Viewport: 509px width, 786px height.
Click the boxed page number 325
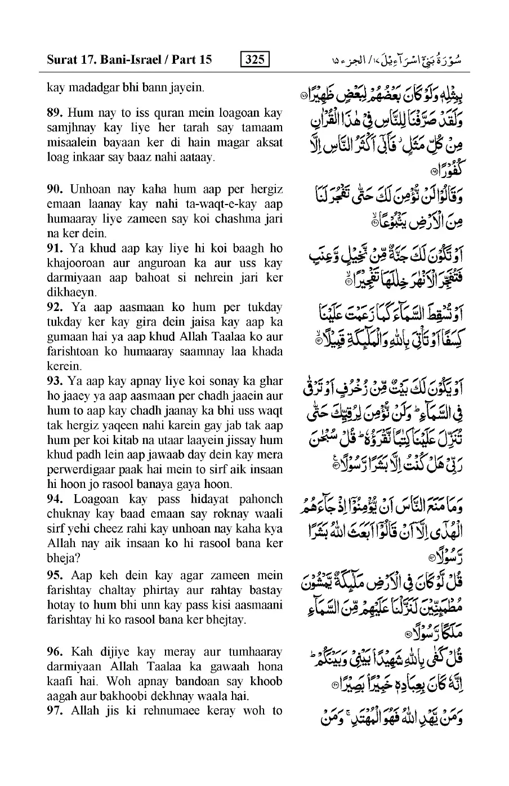[x=254, y=59]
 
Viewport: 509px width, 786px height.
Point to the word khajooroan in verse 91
[x=73, y=263]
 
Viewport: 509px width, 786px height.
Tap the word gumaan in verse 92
[x=66, y=337]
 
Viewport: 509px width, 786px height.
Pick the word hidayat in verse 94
[x=209, y=499]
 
